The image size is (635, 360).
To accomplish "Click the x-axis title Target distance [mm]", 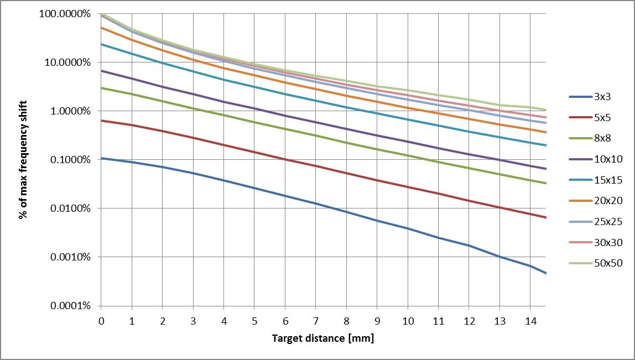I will [x=323, y=338].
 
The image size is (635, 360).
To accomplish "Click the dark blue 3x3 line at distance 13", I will [x=499, y=257].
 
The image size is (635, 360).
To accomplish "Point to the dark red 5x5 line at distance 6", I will [x=285, y=159].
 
